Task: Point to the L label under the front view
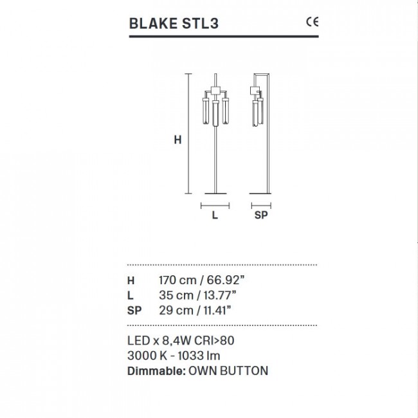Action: tap(215, 216)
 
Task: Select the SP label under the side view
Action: tap(261, 216)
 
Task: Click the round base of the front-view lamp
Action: tap(215, 192)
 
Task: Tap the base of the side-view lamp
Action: tap(261, 192)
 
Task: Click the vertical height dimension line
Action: tap(188, 133)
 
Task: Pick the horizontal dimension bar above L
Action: tap(215, 206)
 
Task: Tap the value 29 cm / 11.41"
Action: tap(195, 310)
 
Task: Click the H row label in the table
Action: tap(131, 280)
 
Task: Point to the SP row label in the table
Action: tap(134, 310)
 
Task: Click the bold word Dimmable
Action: tap(156, 370)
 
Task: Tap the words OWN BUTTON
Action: tap(228, 370)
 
